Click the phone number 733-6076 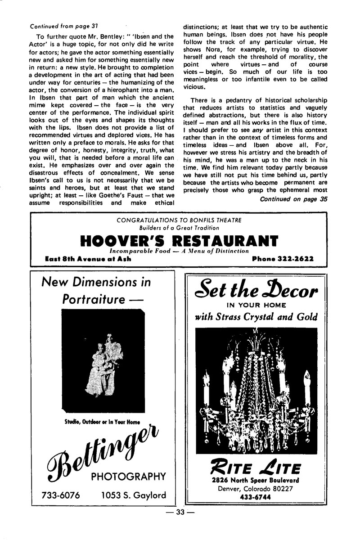pyautogui.click(x=61, y=495)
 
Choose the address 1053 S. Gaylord pyautogui.click(x=134, y=495)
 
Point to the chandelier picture pyautogui.click(x=256, y=390)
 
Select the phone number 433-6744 pyautogui.click(x=255, y=497)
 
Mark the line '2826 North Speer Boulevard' pyautogui.click(x=255, y=481)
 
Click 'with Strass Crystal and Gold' pyautogui.click(x=255, y=317)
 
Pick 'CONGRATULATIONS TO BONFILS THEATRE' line pyautogui.click(x=179, y=220)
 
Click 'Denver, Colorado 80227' pyautogui.click(x=255, y=489)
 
